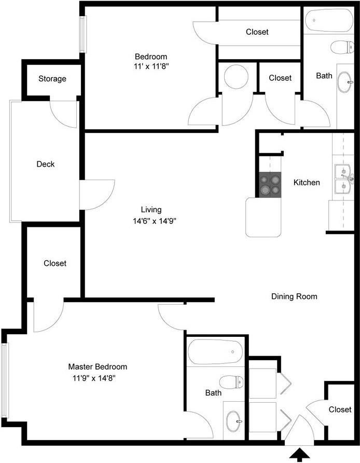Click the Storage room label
[52, 79]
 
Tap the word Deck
[46, 164]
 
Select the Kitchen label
[307, 183]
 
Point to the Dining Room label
[294, 296]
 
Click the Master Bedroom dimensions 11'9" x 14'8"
[94, 378]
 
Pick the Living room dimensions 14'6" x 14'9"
[155, 221]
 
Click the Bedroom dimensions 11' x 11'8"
[151, 66]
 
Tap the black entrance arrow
[299, 455]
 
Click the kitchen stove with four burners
[270, 185]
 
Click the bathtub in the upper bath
[329, 20]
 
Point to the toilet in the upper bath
[342, 47]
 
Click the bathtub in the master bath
[215, 352]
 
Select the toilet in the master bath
[231, 382]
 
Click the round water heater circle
[236, 76]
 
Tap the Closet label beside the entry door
[340, 410]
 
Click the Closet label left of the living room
[55, 263]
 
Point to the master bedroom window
[5, 380]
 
